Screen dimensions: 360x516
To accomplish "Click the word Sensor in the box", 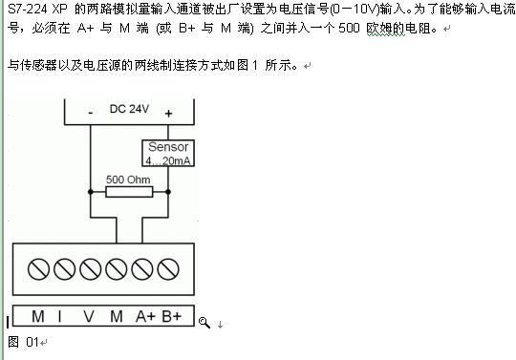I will tap(167, 147).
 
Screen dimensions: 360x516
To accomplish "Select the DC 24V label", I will tap(130, 110).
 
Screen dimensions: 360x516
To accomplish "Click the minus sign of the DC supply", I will tap(90, 113).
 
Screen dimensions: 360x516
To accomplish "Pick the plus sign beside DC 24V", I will tap(168, 113).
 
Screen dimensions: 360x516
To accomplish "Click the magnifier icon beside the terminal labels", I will tap(204, 323).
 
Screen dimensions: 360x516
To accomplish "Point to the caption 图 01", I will tap(21, 341).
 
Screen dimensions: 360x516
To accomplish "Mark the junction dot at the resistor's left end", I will tap(90, 191).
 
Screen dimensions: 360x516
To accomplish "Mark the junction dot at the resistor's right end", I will tap(168, 191).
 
